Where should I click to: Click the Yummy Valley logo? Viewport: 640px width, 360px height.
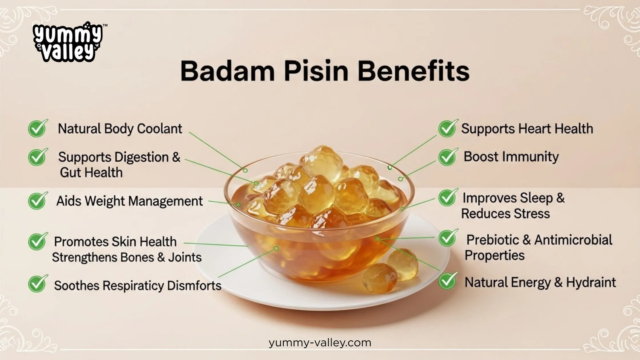coord(67,42)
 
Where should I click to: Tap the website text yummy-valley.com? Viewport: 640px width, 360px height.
coord(320,343)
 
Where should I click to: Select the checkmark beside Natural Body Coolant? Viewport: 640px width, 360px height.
coord(38,128)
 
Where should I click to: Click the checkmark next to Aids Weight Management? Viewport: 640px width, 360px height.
coord(38,200)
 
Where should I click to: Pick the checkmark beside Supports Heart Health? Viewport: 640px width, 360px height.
coord(448,128)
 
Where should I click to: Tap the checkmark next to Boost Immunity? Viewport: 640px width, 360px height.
coord(448,157)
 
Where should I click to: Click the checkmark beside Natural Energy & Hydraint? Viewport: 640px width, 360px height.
coord(448,281)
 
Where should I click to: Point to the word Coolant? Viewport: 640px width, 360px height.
coord(160,128)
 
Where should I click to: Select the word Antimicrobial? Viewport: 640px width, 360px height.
coord(573,240)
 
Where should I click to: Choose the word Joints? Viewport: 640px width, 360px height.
coord(185,257)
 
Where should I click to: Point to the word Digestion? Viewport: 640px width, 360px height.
coord(141,157)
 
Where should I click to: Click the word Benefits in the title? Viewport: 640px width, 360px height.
coord(413,71)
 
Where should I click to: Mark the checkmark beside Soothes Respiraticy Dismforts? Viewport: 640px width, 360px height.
coord(38,284)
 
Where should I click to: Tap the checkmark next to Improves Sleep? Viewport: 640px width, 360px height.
coord(448,197)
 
